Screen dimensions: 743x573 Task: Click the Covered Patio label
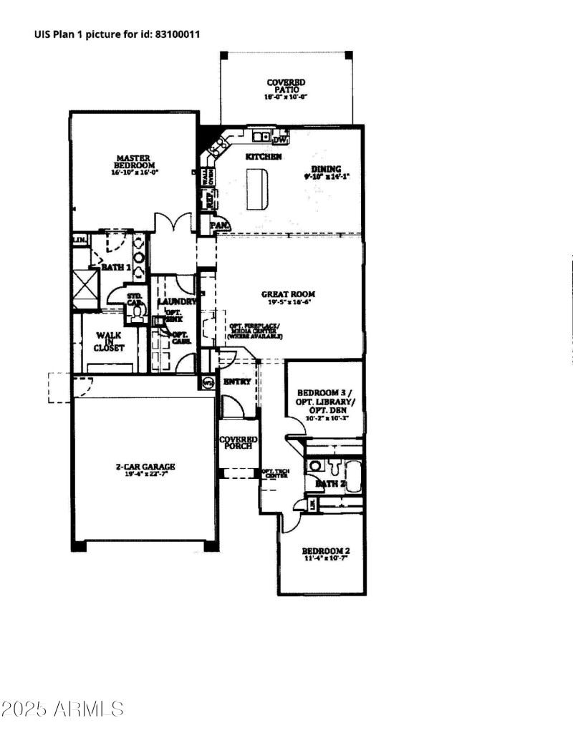point(286,87)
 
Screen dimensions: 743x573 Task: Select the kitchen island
point(257,189)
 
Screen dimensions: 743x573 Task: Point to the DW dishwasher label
point(290,140)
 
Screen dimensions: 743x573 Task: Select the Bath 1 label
point(115,267)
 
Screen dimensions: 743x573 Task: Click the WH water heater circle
point(208,382)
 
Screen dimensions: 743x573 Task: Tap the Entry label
point(237,382)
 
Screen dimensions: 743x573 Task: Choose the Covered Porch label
point(236,443)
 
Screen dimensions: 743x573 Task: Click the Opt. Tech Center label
point(275,473)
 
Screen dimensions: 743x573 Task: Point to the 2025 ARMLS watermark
point(62,709)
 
